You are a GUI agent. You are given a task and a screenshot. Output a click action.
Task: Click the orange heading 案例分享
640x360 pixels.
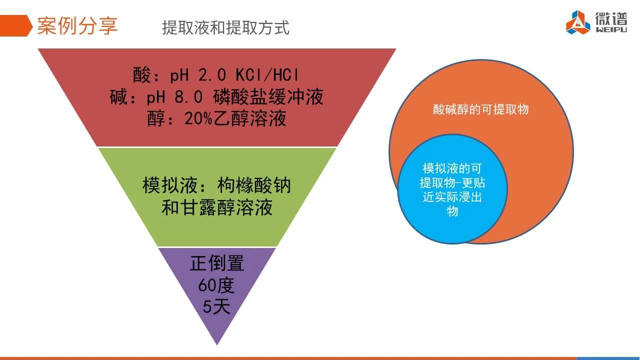tap(77, 25)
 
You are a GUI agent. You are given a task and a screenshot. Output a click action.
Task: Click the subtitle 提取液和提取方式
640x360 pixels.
tap(225, 27)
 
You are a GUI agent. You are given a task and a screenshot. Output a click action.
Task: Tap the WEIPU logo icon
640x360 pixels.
tap(578, 22)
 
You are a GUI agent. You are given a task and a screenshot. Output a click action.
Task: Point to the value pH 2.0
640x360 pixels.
tap(197, 75)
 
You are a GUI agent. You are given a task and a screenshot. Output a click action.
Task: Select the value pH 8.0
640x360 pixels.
tap(174, 96)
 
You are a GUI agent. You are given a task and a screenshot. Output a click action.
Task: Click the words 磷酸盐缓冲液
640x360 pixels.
tap(268, 96)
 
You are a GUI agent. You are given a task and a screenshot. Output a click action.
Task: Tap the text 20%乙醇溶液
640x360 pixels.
tap(235, 118)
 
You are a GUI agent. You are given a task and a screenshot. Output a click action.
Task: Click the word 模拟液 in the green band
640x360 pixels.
tap(170, 185)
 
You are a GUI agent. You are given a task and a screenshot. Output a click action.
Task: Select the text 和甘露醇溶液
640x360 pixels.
tap(217, 207)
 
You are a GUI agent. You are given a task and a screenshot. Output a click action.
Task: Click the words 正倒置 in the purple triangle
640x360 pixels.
tap(217, 263)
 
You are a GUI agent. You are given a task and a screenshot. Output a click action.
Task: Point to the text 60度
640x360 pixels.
tap(216, 285)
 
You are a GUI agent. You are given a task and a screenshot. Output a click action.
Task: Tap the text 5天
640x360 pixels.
tap(216, 306)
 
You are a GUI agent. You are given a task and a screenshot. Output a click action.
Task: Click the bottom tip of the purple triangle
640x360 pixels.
tap(217, 345)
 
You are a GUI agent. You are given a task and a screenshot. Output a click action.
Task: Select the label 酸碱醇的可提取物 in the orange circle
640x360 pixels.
tap(480, 109)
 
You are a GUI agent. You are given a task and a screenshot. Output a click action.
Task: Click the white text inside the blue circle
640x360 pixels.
tap(452, 189)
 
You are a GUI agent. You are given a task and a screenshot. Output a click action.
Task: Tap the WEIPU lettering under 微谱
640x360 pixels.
tap(611, 29)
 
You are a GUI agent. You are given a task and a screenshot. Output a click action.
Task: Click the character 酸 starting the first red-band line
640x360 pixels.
tap(141, 75)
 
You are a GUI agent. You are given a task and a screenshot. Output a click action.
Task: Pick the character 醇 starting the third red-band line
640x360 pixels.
tap(156, 118)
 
